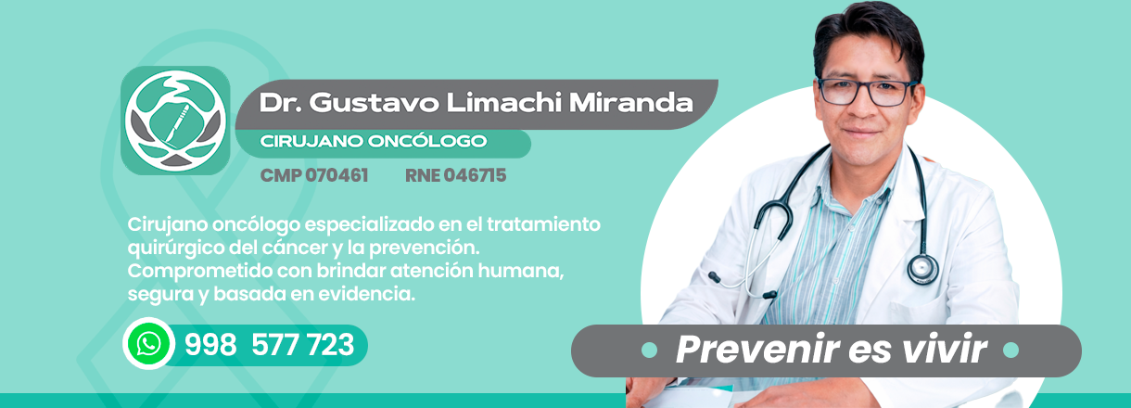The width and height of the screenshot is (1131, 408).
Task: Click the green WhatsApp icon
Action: point(149,344)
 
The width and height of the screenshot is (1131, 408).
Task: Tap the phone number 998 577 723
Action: point(269,345)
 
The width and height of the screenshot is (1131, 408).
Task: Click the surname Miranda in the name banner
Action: point(631,103)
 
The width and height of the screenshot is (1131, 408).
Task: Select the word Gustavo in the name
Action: point(375,103)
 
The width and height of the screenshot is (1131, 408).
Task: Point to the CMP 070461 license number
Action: point(314,175)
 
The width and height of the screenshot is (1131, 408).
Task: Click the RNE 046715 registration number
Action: point(455,175)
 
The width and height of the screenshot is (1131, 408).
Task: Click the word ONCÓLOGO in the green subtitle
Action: point(427,140)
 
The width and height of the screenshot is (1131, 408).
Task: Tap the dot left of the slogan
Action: point(649,350)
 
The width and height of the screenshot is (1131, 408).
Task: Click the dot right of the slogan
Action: point(1010,350)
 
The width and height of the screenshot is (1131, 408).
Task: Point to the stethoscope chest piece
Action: point(922,269)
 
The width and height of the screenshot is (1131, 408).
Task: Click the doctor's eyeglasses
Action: point(867,92)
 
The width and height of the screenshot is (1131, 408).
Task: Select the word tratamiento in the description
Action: point(543,224)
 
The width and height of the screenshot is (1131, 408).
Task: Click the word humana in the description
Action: point(521,271)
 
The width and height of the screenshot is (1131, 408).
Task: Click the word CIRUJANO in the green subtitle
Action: point(311,141)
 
